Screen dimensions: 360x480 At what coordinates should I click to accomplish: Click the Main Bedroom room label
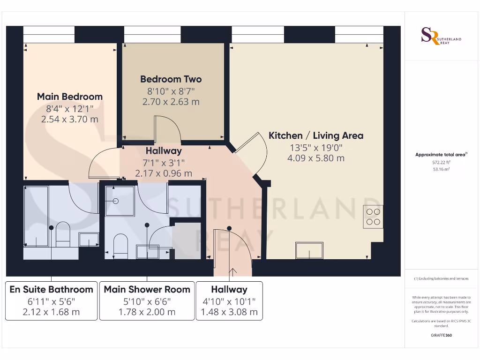coord(70,97)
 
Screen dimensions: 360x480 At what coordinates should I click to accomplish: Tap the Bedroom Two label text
coord(171,79)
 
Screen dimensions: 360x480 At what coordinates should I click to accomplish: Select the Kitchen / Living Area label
coord(315,135)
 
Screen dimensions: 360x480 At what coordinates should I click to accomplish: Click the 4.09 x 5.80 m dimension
coord(315,158)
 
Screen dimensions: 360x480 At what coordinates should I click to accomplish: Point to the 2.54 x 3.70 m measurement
coord(70,120)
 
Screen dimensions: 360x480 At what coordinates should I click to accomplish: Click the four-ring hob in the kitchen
coord(373,217)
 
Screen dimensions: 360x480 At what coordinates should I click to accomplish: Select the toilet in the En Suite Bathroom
coord(62,234)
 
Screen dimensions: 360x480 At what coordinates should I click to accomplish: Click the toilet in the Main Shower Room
coord(120,246)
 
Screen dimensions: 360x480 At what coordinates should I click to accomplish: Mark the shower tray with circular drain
coord(120,201)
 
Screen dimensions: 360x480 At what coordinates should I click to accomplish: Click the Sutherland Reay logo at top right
coord(440,37)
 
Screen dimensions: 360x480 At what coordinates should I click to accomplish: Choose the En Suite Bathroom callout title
coord(52,289)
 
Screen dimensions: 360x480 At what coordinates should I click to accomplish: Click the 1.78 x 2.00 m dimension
coord(147,312)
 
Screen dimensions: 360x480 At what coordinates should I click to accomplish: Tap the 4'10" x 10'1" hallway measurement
coord(229,301)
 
